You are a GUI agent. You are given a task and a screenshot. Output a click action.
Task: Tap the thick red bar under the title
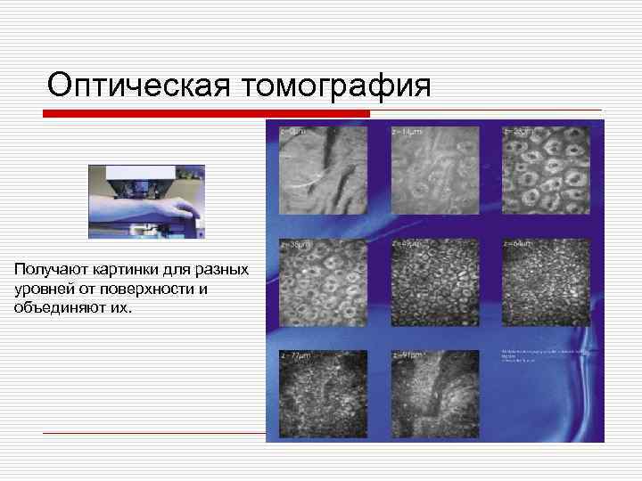click(x=207, y=114)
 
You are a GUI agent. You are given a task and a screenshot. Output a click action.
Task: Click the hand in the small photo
click(x=185, y=210)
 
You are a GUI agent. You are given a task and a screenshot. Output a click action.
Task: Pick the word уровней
click(x=44, y=289)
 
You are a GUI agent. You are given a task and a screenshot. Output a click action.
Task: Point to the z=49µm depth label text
click(x=407, y=243)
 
